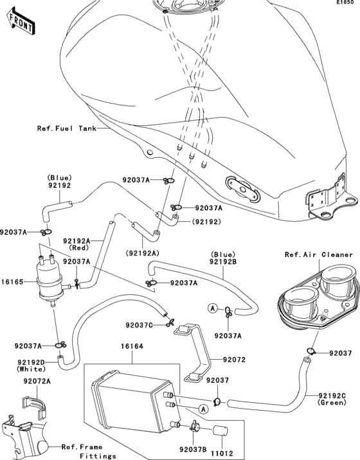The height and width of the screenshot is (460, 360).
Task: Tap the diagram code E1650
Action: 344,4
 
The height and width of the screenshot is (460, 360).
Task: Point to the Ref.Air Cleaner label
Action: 319,255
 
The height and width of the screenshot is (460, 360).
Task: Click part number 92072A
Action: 37,381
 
